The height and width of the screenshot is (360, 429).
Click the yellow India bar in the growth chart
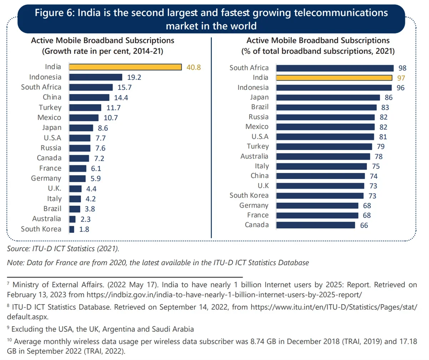[x=125, y=67]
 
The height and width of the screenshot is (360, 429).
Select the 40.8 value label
[x=194, y=67]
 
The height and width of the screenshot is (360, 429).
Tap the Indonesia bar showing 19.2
[x=96, y=77]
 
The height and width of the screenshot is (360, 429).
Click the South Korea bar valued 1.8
[x=72, y=229]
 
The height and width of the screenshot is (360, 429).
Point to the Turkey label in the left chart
[x=50, y=107]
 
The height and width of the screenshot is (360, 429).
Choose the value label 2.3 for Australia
[x=86, y=219]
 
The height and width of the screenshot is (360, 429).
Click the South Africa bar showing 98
[x=334, y=68]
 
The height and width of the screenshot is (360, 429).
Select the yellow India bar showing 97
[x=334, y=78]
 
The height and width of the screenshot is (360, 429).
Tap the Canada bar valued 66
[x=316, y=225]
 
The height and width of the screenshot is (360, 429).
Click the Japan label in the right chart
[x=259, y=97]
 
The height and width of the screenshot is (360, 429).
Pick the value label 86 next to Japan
[x=388, y=98]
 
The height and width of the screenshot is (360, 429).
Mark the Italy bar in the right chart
[x=321, y=166]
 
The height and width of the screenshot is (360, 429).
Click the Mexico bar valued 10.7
[x=84, y=118]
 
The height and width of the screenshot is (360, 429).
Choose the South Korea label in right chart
[x=249, y=195]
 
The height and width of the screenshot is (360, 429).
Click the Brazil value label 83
[x=385, y=108]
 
